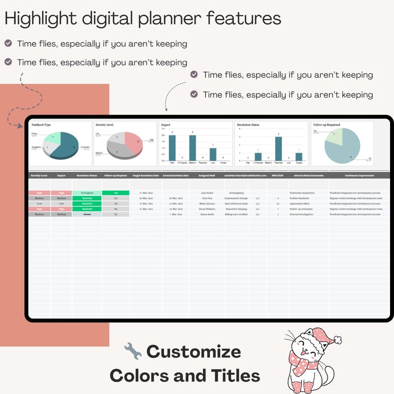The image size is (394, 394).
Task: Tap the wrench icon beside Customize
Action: coord(132,351)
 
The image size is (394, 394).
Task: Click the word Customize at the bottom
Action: coord(194,352)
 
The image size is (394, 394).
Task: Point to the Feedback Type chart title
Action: coord(41,125)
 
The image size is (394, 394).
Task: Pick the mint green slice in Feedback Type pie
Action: coord(53,137)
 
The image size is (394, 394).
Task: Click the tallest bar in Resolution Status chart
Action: coord(278,149)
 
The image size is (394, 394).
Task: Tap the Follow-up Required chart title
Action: coord(327,125)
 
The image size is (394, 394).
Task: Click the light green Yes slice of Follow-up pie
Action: coord(333,135)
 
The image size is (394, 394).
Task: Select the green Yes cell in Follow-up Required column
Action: coord(116,193)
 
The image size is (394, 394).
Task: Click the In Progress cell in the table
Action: coord(87,193)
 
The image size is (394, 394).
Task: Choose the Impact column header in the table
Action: coord(61,176)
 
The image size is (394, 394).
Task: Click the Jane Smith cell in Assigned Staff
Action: coord(206,193)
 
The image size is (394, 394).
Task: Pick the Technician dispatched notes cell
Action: coord(302,193)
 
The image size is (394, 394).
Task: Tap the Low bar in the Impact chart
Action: coord(213,154)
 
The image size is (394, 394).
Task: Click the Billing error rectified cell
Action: coord(236,214)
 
